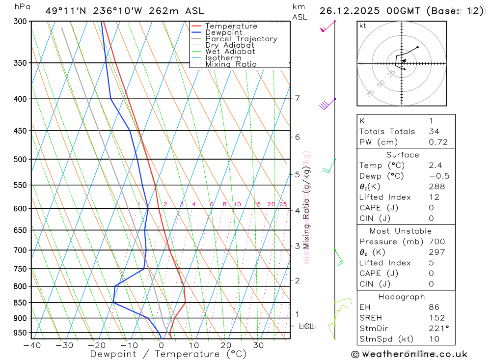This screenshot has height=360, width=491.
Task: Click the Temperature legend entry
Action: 231,26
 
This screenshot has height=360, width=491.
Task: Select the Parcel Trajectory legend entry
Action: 241,39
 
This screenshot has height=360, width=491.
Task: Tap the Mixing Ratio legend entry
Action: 231,64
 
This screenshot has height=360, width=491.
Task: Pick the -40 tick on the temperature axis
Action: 32,345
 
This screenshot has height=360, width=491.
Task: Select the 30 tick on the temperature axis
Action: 258,345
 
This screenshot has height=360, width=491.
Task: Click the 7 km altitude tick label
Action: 297,98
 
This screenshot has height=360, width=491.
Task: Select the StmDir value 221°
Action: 437,329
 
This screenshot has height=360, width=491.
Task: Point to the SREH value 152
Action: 436,318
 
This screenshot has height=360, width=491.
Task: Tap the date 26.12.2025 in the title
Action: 348,11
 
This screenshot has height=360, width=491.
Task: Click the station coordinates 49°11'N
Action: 64,11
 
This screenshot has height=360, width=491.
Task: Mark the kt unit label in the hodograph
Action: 363,26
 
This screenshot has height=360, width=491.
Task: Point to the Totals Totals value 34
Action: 434,132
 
